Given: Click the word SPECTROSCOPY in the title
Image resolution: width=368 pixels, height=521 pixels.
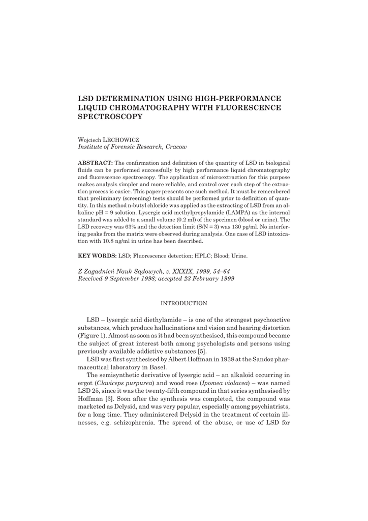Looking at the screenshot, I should click(110, 117).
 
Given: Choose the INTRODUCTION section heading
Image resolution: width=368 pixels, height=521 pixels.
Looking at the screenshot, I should click(183, 303).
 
